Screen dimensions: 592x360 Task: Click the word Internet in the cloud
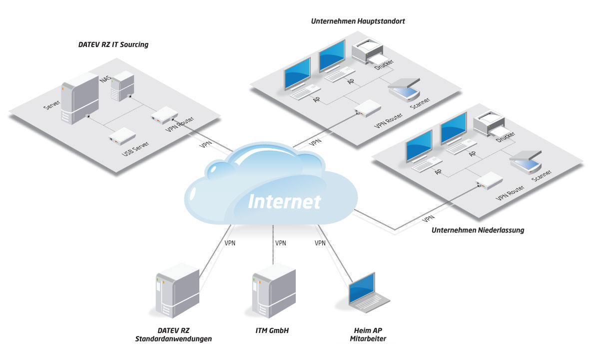click(x=284, y=201)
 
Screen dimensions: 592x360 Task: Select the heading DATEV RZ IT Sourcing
click(x=113, y=44)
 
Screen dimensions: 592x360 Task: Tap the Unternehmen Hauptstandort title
click(x=358, y=21)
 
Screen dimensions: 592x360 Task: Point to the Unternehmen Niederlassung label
click(x=478, y=230)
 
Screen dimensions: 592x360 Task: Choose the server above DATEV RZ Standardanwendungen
click(x=177, y=290)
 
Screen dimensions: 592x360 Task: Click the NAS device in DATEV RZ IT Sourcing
click(x=122, y=86)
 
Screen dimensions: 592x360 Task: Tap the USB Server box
click(x=122, y=136)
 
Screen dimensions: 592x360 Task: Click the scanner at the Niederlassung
click(x=525, y=162)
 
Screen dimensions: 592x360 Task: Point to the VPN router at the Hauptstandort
click(x=367, y=108)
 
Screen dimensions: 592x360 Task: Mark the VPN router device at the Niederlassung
click(x=489, y=181)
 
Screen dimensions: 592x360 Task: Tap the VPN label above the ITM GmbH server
click(x=281, y=243)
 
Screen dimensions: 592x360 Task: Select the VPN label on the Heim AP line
click(x=320, y=243)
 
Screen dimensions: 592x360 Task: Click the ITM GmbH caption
click(x=272, y=330)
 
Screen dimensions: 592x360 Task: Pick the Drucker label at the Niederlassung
click(x=506, y=136)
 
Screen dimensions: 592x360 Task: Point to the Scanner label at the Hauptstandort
click(x=420, y=103)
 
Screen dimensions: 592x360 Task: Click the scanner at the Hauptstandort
click(x=404, y=90)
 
